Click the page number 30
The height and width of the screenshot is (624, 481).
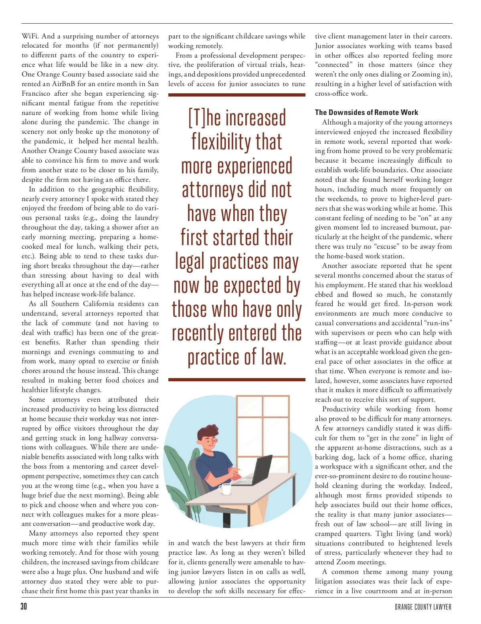click(x=24, y=606)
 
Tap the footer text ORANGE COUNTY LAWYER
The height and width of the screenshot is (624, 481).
click(x=423, y=607)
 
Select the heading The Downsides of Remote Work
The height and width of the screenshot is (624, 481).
click(x=366, y=113)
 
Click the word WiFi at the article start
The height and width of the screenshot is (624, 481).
click(x=30, y=36)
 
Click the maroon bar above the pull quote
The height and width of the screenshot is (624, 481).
click(x=236, y=95)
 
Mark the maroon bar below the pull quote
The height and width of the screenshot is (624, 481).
click(x=236, y=379)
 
